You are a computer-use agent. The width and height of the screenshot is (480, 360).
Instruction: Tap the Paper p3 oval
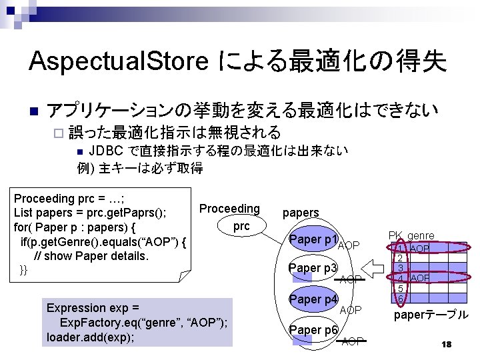click(x=313, y=268)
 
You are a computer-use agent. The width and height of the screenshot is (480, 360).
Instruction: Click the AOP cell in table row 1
click(x=420, y=248)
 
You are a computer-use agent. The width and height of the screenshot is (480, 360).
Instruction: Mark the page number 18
click(x=447, y=344)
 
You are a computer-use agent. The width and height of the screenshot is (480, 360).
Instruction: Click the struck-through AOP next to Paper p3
click(x=351, y=279)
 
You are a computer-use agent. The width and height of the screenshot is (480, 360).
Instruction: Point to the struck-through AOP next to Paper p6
click(x=353, y=341)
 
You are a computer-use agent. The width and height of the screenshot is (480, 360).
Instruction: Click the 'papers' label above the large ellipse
click(x=301, y=213)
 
